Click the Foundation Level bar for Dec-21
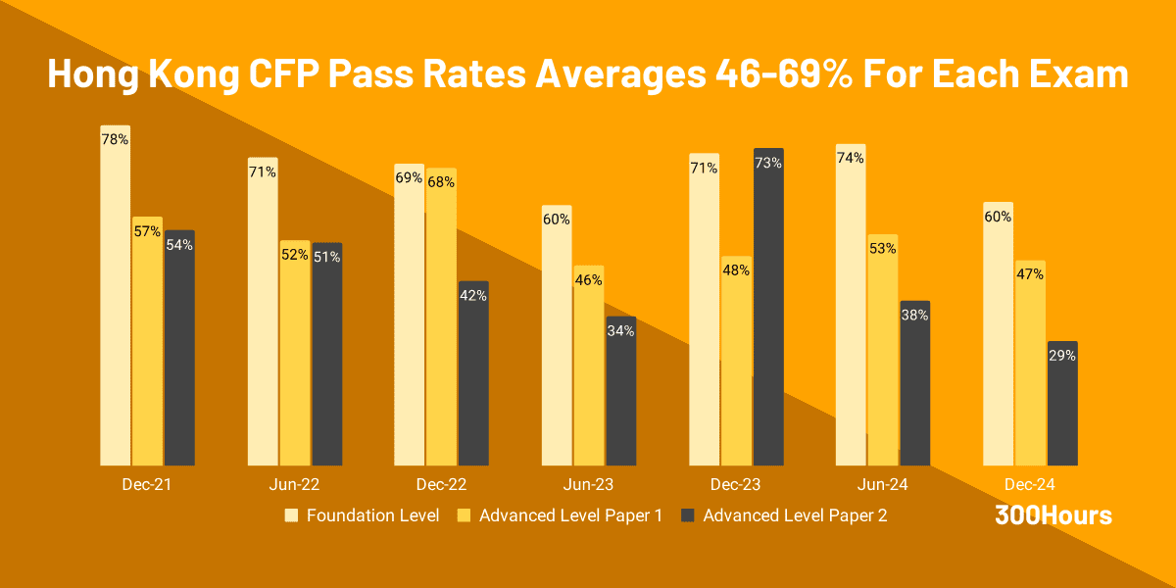click(x=116, y=304)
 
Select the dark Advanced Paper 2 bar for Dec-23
click(x=768, y=314)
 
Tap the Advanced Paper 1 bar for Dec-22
click(x=441, y=323)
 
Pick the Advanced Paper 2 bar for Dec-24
click(x=1062, y=412)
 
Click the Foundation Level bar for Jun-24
click(x=851, y=314)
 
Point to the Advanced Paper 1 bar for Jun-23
click(x=589, y=372)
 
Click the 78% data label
click(x=116, y=139)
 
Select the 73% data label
click(x=768, y=163)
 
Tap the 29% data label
click(x=1062, y=356)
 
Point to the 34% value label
click(x=621, y=331)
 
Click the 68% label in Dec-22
click(x=441, y=182)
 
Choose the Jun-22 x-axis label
click(x=294, y=484)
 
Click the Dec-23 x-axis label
click(x=736, y=484)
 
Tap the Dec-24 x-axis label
click(x=1030, y=484)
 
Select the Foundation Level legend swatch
click(x=291, y=515)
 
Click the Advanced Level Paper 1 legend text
click(x=570, y=515)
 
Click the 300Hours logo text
click(x=1053, y=515)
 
